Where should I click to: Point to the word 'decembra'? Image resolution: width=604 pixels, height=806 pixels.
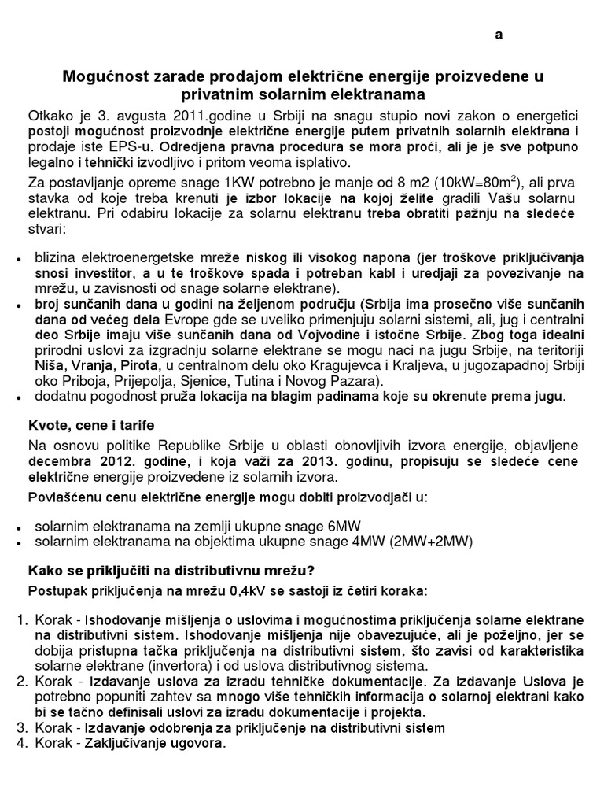point(61,460)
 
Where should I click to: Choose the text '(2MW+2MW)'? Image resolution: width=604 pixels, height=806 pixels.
point(432,542)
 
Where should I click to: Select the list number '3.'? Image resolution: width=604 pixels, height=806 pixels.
point(23,727)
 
